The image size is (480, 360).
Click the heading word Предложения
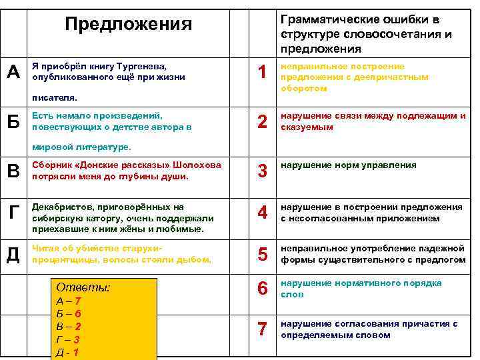[128, 25]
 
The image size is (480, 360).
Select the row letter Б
[13, 121]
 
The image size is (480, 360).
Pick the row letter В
[13, 171]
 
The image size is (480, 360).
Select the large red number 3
[263, 171]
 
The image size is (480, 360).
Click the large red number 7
[263, 329]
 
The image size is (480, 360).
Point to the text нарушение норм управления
[348, 165]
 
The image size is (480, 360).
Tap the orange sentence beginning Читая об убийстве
[121, 254]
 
